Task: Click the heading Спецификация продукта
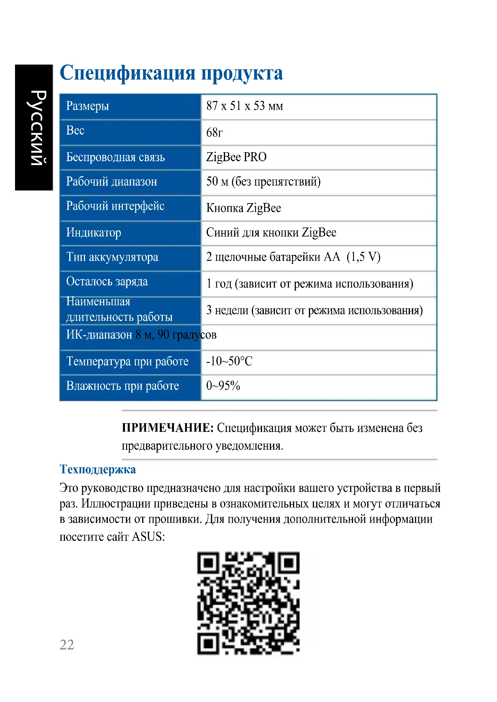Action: click(171, 73)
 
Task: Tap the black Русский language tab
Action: click(34, 128)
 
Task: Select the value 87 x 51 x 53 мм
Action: click(245, 106)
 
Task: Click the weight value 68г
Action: click(214, 133)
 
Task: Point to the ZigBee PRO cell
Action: click(236, 157)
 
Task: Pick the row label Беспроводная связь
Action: click(115, 157)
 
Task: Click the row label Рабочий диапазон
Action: click(112, 182)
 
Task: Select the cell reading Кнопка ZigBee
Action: click(243, 208)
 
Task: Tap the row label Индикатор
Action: click(94, 232)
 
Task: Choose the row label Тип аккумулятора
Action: click(112, 257)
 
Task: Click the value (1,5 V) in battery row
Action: click(363, 257)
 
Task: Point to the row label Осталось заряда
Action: click(107, 281)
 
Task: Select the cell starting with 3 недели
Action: click(314, 310)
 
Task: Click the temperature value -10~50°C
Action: click(229, 361)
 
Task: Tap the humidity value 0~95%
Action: click(223, 386)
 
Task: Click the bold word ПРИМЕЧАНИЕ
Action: click(167, 428)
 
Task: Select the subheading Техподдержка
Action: click(98, 469)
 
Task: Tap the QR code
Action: click(248, 603)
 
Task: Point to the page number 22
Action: click(67, 644)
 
